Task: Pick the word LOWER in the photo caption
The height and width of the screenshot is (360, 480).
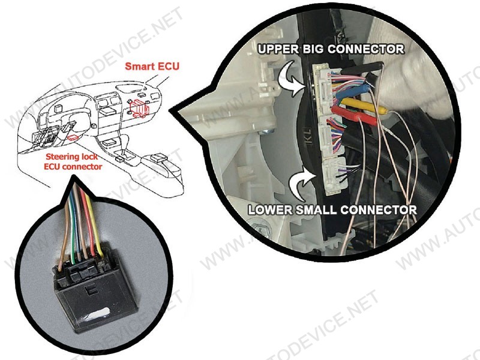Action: (266, 209)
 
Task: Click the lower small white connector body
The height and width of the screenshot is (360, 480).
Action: (334, 176)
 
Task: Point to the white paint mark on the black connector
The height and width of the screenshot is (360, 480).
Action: (96, 314)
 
